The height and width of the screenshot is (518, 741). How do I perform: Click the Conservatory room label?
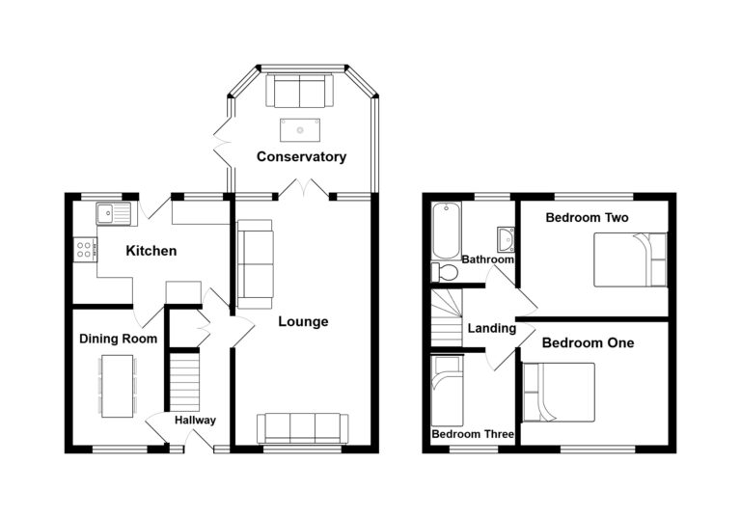pyautogui.click(x=301, y=157)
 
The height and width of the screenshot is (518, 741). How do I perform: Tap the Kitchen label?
pyautogui.click(x=151, y=251)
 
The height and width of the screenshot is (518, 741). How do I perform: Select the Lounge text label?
pyautogui.click(x=303, y=322)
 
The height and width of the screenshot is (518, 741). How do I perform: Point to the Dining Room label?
pyautogui.click(x=118, y=339)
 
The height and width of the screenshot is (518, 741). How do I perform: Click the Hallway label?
pyautogui.click(x=195, y=421)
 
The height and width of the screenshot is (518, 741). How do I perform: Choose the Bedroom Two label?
pyautogui.click(x=587, y=218)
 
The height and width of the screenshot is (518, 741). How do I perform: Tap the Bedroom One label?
pyautogui.click(x=588, y=342)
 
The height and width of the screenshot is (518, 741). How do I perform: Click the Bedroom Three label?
pyautogui.click(x=473, y=434)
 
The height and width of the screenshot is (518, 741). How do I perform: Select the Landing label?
pyautogui.click(x=492, y=328)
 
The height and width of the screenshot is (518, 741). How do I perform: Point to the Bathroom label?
pyautogui.click(x=487, y=259)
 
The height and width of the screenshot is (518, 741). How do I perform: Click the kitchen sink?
pyautogui.click(x=114, y=213)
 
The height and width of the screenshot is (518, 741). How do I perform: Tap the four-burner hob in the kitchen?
pyautogui.click(x=85, y=250)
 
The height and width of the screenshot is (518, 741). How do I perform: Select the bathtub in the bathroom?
pyautogui.click(x=446, y=231)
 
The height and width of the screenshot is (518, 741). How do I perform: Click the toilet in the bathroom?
pyautogui.click(x=445, y=273)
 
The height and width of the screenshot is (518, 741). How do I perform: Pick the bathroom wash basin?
pyautogui.click(x=506, y=239)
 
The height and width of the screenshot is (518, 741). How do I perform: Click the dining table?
pyautogui.click(x=118, y=386)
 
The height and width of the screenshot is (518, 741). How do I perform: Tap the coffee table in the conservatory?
pyautogui.click(x=300, y=130)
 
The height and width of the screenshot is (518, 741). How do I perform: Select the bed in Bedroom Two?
pyautogui.click(x=630, y=259)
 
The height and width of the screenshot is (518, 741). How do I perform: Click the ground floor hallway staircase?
pyautogui.click(x=184, y=382)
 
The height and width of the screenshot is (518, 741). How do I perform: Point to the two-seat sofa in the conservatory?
pyautogui.click(x=300, y=91)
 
